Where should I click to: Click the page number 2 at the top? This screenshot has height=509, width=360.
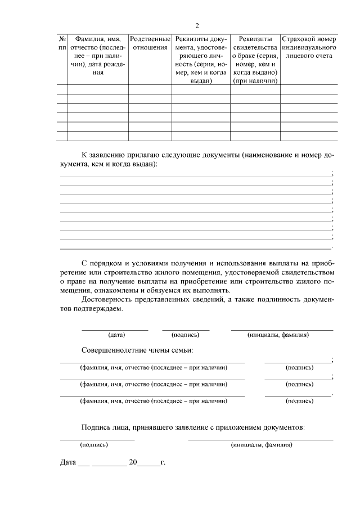(197, 26)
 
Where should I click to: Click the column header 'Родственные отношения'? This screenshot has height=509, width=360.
(150, 43)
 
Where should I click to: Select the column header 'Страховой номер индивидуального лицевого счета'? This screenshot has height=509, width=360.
(309, 47)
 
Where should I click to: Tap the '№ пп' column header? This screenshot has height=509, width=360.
(62, 43)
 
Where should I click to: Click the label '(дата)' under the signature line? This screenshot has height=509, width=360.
(116, 335)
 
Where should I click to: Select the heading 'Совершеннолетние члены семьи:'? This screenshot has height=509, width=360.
(137, 350)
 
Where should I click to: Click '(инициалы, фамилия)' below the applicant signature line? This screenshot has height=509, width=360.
(278, 335)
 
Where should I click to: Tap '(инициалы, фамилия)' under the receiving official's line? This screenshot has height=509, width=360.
(261, 444)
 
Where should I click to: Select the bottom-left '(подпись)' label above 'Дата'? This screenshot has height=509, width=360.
(94, 444)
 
